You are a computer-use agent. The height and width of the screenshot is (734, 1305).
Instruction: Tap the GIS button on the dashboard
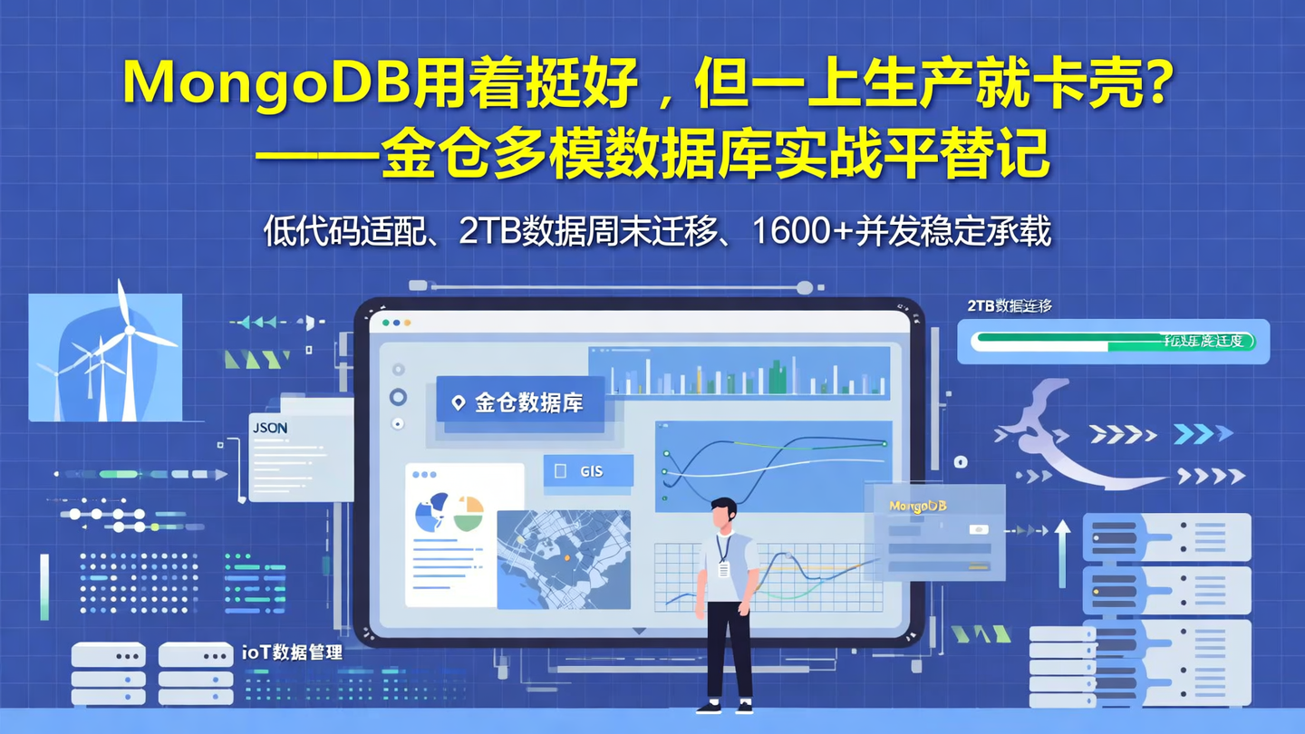tap(589, 471)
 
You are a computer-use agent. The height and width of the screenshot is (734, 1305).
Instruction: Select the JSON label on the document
tap(270, 428)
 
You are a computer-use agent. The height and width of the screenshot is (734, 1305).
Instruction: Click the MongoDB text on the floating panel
tap(917, 507)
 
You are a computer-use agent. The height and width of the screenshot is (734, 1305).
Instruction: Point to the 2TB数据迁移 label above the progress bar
tap(1010, 306)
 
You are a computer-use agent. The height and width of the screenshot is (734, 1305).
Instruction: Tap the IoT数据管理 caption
tap(292, 652)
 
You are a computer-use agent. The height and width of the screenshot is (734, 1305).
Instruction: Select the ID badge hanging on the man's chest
tap(724, 568)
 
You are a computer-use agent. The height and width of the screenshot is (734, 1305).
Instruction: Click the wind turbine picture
tap(105, 357)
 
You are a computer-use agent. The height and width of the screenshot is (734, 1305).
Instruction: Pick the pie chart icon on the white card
tap(448, 514)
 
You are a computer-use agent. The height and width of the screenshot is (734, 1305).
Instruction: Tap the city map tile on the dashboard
tap(564, 559)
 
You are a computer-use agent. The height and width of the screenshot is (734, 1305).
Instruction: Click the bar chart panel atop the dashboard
tap(739, 372)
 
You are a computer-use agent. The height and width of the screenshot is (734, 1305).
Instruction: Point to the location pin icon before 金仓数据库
tap(459, 403)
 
